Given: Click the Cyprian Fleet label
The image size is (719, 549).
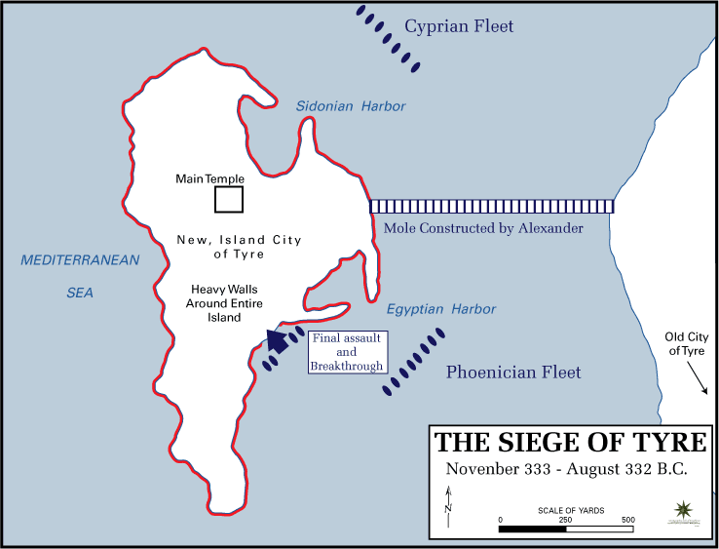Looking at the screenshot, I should pyautogui.click(x=459, y=27).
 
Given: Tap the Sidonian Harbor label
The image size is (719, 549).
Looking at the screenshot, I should pyautogui.click(x=351, y=106).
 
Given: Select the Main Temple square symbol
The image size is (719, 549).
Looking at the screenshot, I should pyautogui.click(x=229, y=199).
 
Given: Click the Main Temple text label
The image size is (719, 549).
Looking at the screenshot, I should pyautogui.click(x=209, y=179).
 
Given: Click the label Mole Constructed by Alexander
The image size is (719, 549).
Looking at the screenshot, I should pyautogui.click(x=484, y=228).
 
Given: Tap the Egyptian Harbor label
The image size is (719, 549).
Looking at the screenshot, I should pyautogui.click(x=441, y=309).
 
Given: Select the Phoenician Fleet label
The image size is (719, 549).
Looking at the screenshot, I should pyautogui.click(x=513, y=372).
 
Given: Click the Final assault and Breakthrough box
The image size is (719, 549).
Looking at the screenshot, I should pyautogui.click(x=347, y=352).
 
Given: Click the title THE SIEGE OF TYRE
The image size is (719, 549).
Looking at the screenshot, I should pyautogui.click(x=571, y=442).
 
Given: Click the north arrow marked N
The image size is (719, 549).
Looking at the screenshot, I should pyautogui.click(x=447, y=507).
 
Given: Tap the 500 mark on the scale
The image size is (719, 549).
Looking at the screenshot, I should pyautogui.click(x=628, y=520).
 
